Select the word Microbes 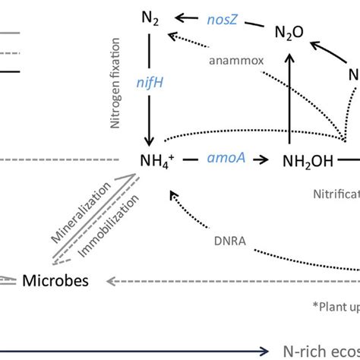[55, 281]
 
